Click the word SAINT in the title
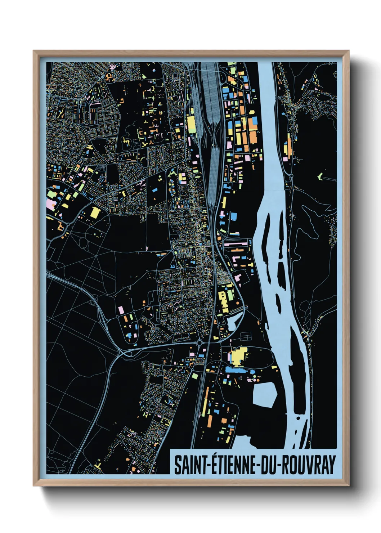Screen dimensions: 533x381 point(190,465)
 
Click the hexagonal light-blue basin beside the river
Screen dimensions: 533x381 point(265,395)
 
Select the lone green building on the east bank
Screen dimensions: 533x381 point(320,176)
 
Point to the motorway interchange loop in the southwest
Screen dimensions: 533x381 point(124,351)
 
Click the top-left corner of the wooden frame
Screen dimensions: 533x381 point(33,51)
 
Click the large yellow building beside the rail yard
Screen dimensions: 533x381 point(191,122)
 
